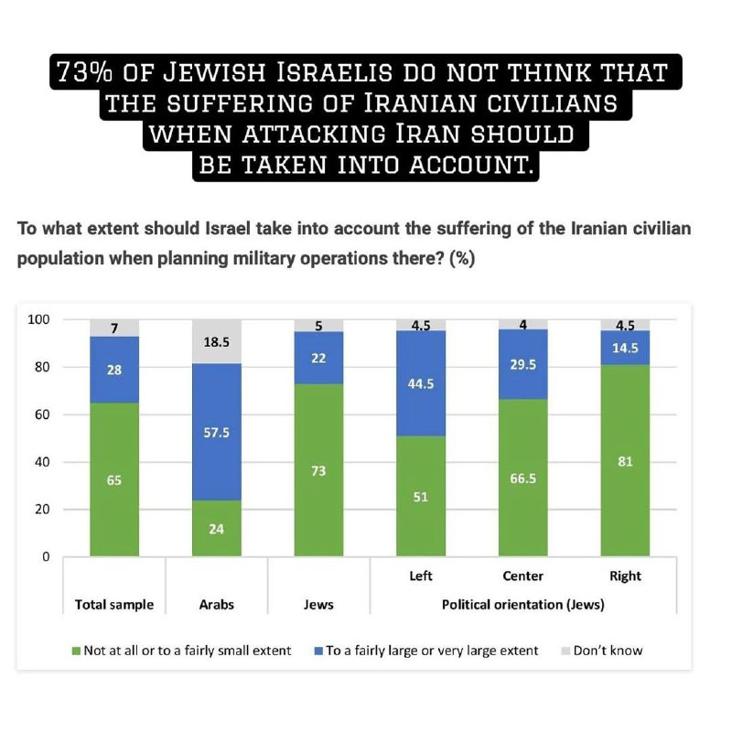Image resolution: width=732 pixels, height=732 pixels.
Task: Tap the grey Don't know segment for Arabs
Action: tap(216, 342)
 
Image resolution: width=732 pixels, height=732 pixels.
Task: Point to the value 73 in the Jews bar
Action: tap(318, 470)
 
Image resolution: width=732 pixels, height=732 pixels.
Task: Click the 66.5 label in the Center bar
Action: tap(523, 477)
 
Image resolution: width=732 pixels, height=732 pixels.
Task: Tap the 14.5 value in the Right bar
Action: tap(626, 349)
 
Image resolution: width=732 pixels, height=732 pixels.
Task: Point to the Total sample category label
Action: tap(113, 605)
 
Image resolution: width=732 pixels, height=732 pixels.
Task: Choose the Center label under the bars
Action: tap(523, 576)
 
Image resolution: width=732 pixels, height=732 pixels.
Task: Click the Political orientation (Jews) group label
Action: tap(522, 605)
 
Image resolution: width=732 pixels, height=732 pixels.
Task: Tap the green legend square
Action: tap(77, 651)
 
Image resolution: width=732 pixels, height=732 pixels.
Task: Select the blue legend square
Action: tap(318, 651)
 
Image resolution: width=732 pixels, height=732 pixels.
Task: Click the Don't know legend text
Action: tap(608, 651)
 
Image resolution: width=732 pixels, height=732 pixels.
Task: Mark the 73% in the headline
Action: tap(88, 72)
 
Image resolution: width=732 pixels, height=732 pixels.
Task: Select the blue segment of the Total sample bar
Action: tap(113, 370)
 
